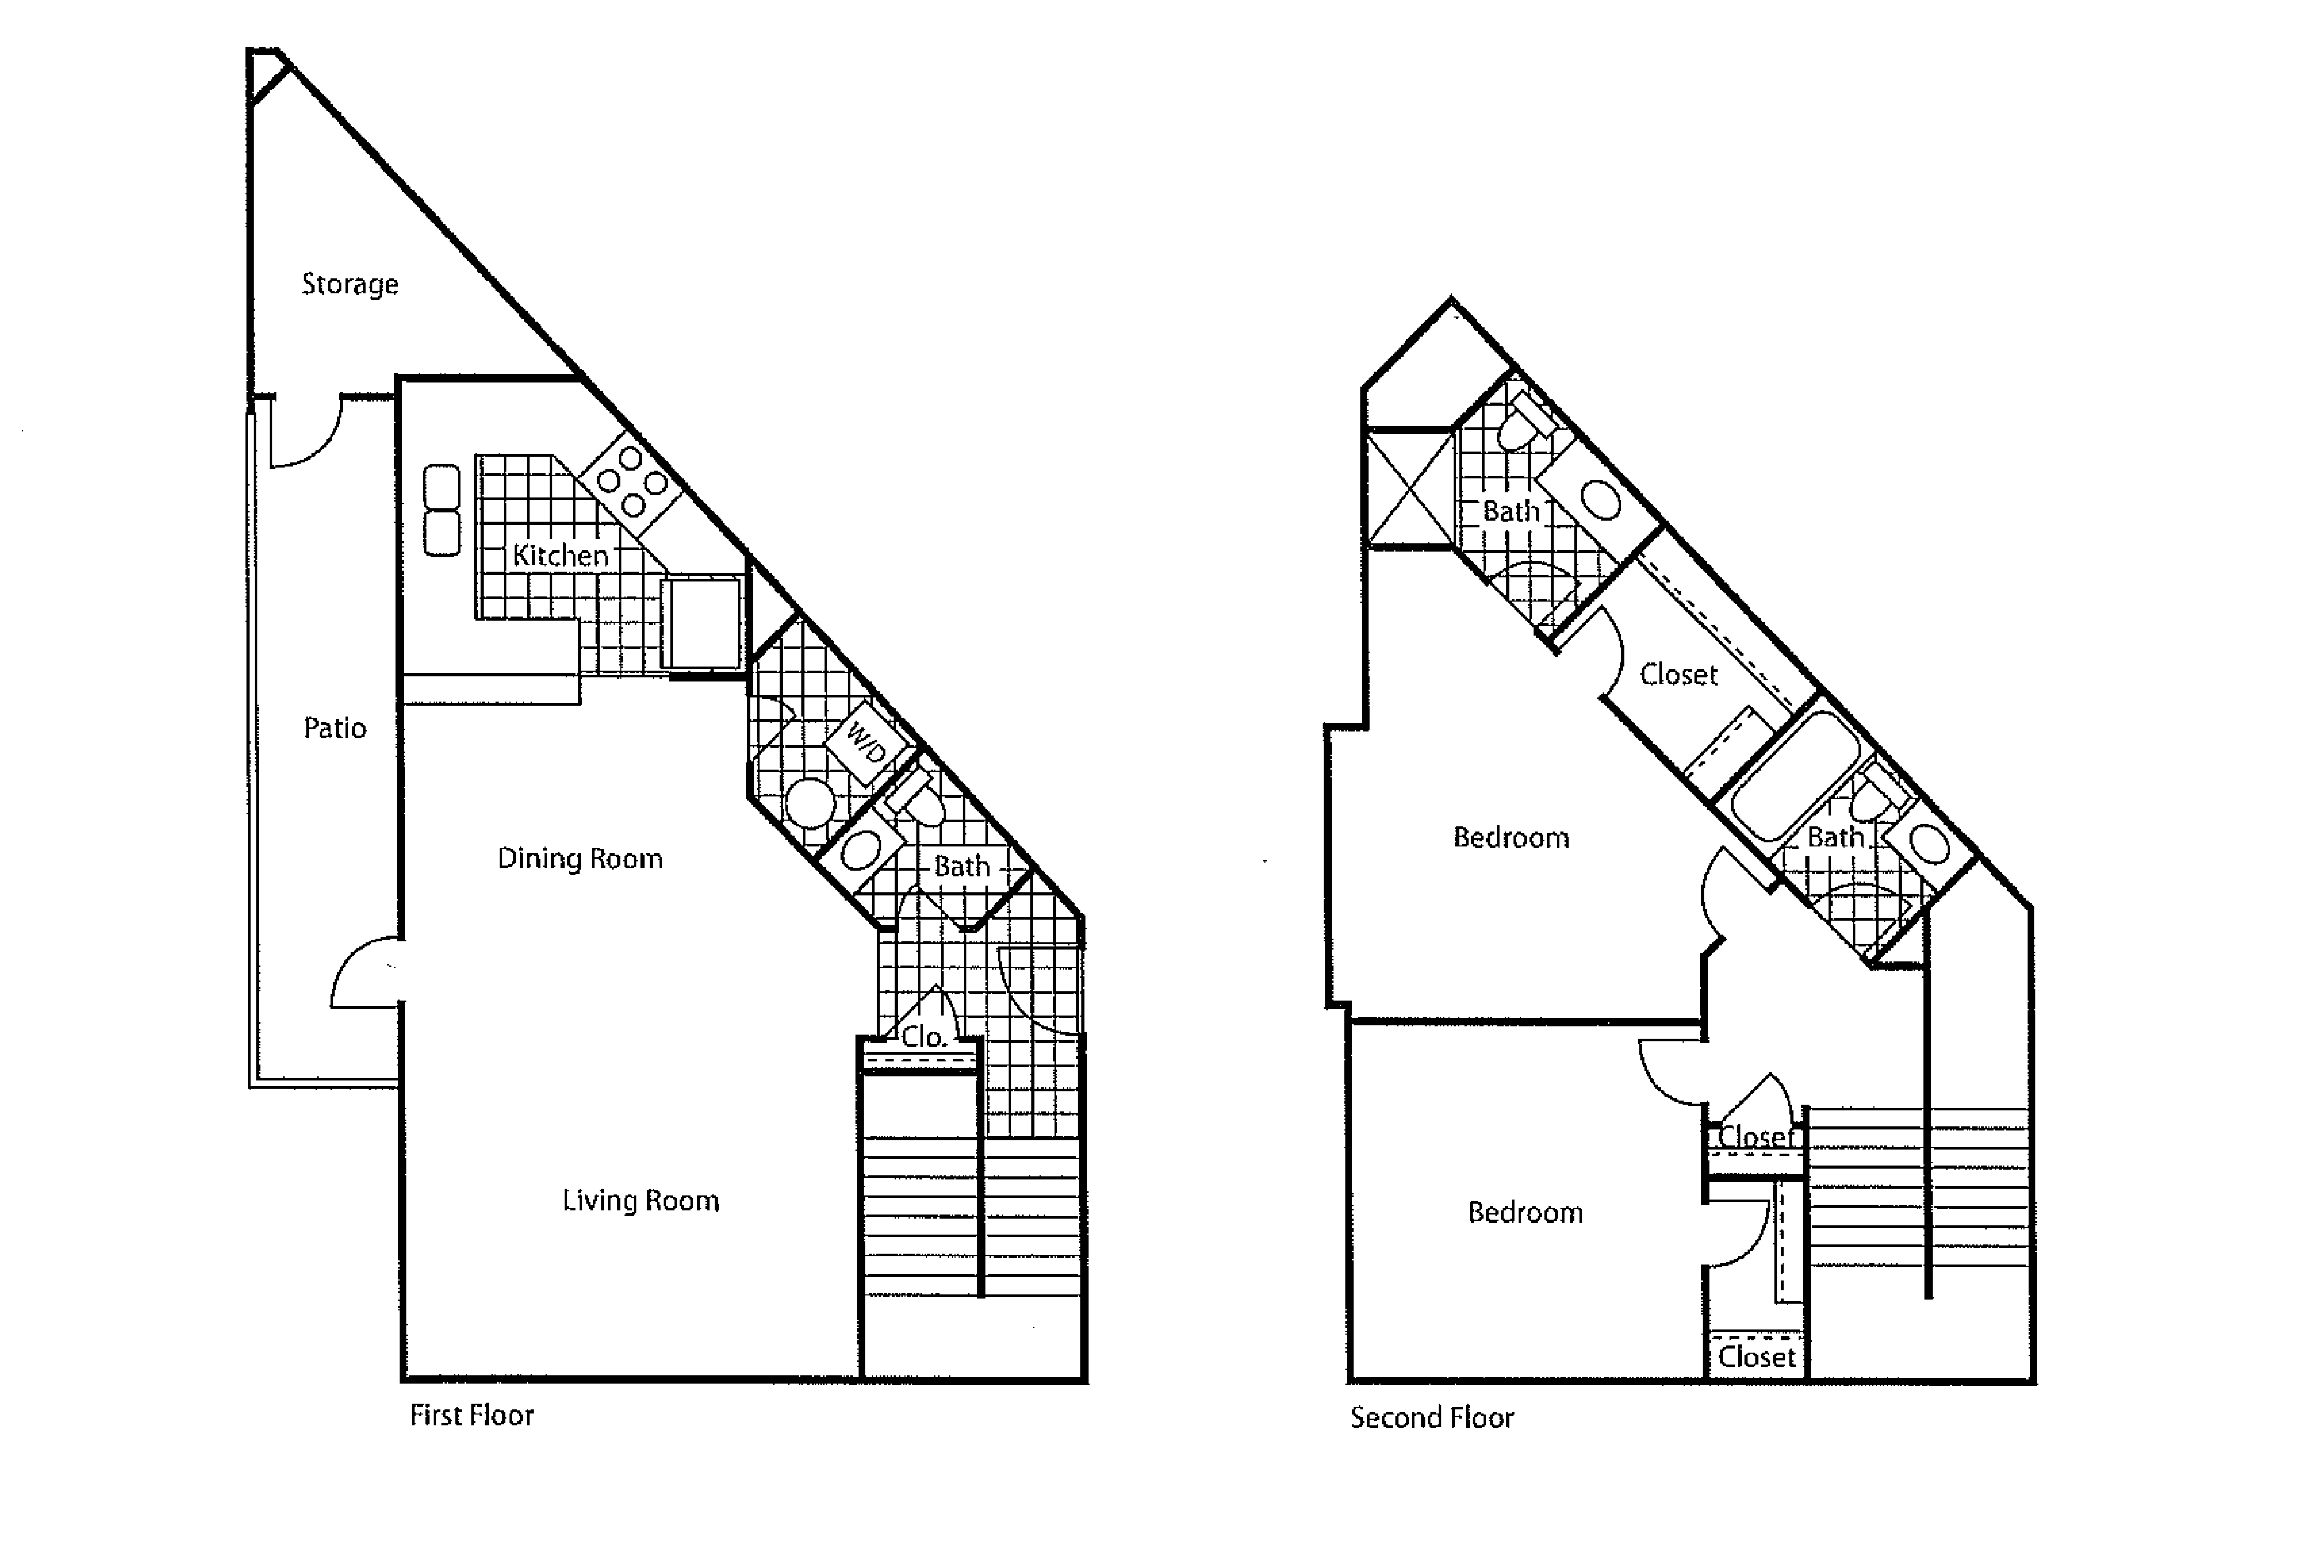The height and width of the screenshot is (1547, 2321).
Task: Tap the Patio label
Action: pos(335,728)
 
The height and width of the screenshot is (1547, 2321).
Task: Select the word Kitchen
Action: pos(561,556)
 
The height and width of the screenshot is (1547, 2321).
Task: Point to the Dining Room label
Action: pos(579,858)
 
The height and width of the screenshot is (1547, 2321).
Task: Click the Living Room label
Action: pos(640,1201)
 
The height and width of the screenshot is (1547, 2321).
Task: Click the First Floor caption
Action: pos(472,1416)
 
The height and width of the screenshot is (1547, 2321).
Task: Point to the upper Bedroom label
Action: pos(1511,838)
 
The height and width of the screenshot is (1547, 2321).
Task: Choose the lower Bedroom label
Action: pos(1526,1212)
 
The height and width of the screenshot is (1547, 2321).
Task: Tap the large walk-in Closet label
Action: pos(1678,675)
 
